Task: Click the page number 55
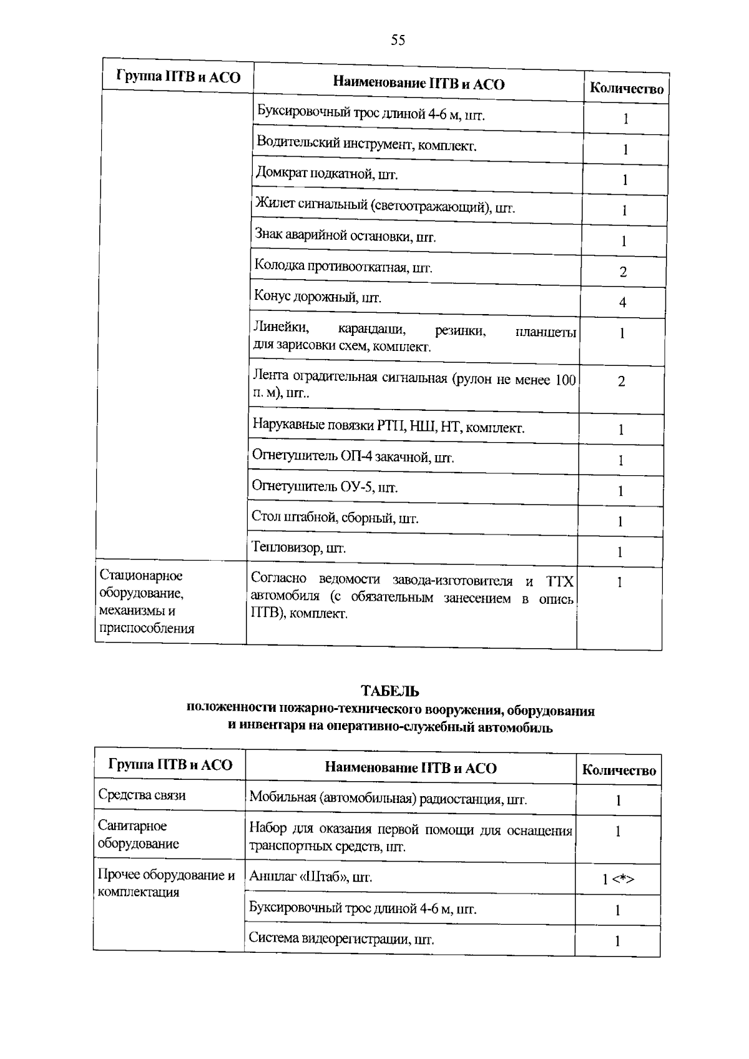click(398, 41)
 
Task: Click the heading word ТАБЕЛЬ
click(389, 691)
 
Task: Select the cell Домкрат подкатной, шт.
click(326, 174)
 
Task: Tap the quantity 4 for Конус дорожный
click(622, 303)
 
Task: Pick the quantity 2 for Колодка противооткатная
click(623, 272)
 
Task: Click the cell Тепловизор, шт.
click(298, 548)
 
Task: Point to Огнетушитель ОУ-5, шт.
click(325, 487)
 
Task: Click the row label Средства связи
click(142, 795)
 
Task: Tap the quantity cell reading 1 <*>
click(618, 879)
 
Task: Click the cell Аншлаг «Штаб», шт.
click(310, 877)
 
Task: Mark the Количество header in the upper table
click(626, 89)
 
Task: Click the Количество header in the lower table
click(619, 770)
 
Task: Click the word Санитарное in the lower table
click(132, 825)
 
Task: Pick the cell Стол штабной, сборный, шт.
click(335, 518)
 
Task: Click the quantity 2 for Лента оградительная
click(621, 382)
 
